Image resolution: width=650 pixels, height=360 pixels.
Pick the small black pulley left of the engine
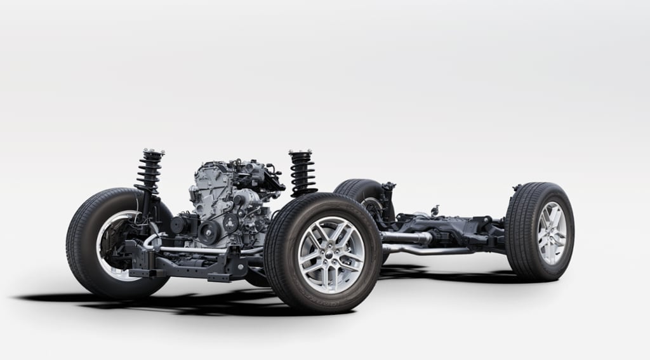[x=178, y=224]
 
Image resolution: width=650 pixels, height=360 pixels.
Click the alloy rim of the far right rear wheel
[x=551, y=232]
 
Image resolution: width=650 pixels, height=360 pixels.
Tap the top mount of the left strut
[x=153, y=152]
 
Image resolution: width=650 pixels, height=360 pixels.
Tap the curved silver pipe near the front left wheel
[x=152, y=241]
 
